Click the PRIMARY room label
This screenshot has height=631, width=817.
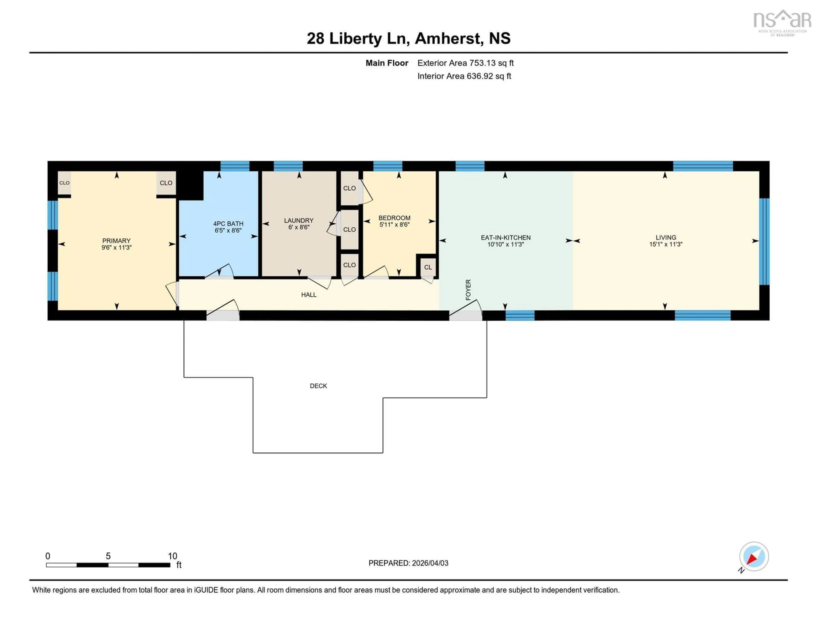pyautogui.click(x=116, y=240)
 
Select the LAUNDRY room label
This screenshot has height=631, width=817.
pyautogui.click(x=299, y=220)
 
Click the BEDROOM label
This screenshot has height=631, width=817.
pyautogui.click(x=394, y=218)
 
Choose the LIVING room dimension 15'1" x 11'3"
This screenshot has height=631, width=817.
pyautogui.click(x=666, y=244)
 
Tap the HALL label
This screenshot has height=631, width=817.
pyautogui.click(x=309, y=295)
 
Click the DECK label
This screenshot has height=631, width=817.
pyautogui.click(x=318, y=386)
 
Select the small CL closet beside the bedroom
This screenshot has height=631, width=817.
pyautogui.click(x=428, y=267)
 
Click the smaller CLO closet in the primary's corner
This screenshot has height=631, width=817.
pyautogui.click(x=64, y=183)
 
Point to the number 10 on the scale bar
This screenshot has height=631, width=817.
pyautogui.click(x=172, y=556)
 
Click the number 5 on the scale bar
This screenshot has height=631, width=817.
pyautogui.click(x=108, y=556)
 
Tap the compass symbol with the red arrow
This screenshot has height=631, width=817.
pyautogui.click(x=754, y=557)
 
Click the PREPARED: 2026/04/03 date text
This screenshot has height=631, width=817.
pyautogui.click(x=408, y=563)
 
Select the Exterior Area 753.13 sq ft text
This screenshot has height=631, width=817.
pyautogui.click(x=465, y=63)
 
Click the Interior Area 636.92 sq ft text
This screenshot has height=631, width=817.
pyautogui.click(x=464, y=76)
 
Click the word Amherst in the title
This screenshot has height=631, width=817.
pyautogui.click(x=447, y=38)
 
